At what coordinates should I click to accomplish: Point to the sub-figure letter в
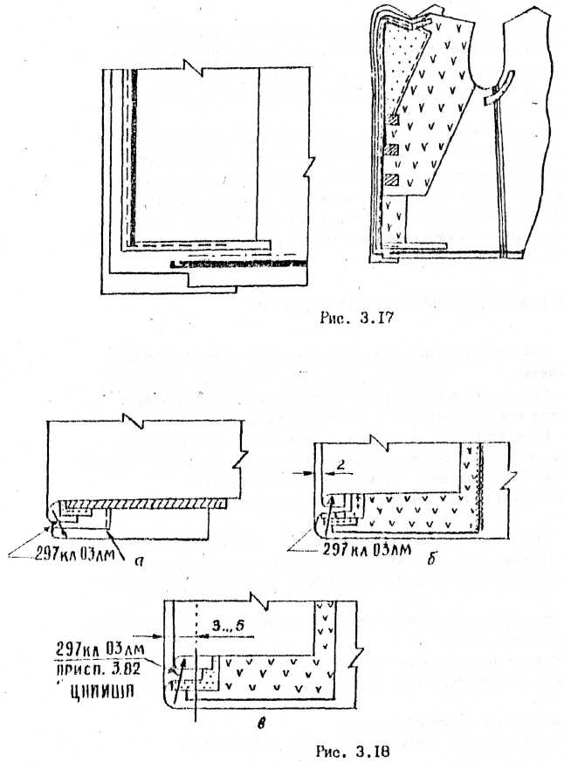pos(277,723)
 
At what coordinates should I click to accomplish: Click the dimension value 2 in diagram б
pos(344,469)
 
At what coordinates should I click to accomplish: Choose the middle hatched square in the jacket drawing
pos(393,151)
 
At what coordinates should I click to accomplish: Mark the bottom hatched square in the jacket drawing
pos(393,181)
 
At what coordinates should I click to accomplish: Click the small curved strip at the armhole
pos(496,97)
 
